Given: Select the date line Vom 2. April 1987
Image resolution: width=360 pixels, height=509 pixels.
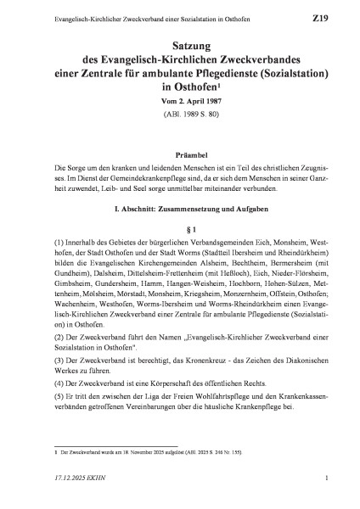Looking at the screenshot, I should click(x=180, y=101).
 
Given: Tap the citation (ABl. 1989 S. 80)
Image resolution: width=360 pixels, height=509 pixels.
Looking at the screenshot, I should click(x=180, y=114).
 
